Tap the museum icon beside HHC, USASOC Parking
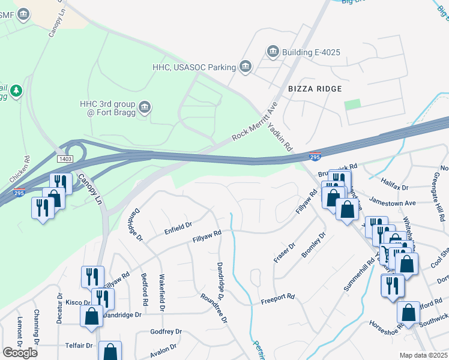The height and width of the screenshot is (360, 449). coord(245,67)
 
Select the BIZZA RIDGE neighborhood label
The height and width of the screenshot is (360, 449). coord(314,89)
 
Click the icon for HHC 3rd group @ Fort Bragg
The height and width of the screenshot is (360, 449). coord(145,107)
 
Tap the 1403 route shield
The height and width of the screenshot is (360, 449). coord(65,159)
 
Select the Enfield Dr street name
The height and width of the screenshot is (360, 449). coord(178,224)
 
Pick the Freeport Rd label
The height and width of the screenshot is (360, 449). coord(277,296)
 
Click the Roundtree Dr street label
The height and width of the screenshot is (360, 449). coord(214,308)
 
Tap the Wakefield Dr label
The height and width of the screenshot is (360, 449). coord(161,293)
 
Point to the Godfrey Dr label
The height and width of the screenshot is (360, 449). coord(166,331)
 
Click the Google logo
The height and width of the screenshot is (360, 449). coord(20,352)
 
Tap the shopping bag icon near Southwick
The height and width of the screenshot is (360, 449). coord(408,313)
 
